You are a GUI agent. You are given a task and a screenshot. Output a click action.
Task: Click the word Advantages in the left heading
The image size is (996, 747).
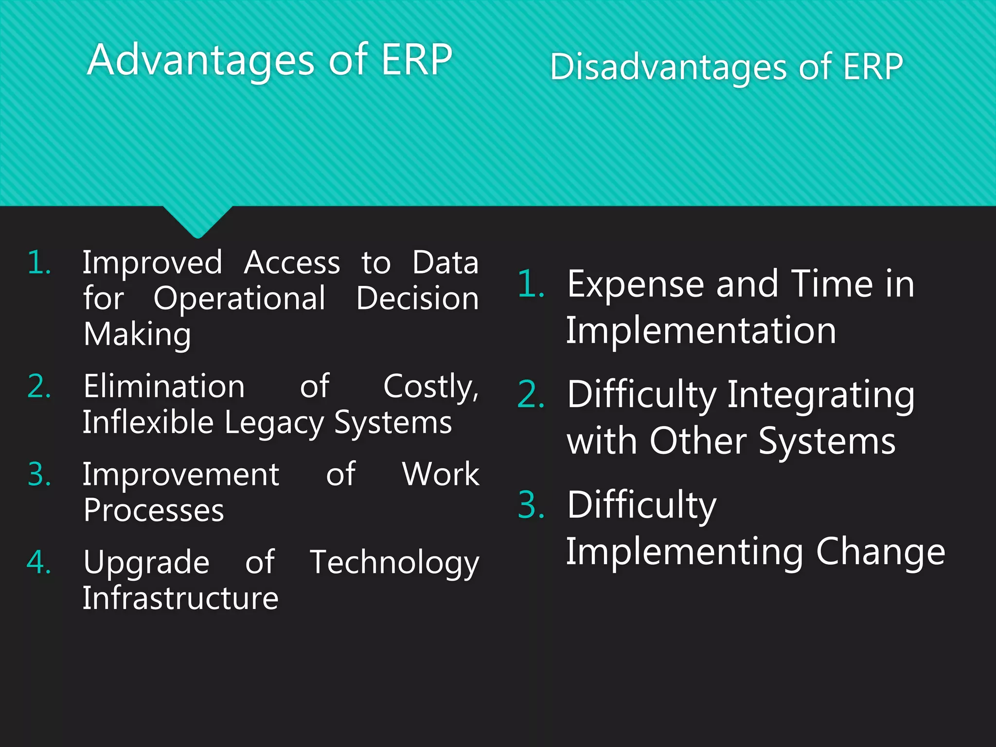pos(201,60)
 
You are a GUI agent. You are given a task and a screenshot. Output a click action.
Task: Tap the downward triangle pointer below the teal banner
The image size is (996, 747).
pos(198,221)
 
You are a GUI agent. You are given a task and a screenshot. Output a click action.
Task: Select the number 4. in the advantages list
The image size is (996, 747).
pos(39,563)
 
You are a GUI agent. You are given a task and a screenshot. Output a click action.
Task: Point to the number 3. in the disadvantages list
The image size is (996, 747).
pos(531,505)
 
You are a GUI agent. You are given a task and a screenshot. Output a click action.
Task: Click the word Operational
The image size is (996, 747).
pos(239,298)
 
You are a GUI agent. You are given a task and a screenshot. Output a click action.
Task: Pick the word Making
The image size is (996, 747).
pos(137,335)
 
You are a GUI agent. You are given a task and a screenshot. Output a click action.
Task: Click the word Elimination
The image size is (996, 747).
pos(164,387)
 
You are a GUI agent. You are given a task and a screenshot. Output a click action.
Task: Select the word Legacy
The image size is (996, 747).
pos(274,423)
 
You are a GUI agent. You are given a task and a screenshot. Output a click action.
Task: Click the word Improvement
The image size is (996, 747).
pos(181,475)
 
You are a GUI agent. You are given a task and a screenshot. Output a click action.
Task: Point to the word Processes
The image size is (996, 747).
pos(154,511)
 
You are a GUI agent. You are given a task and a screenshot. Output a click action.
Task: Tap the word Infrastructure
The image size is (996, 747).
pos(180,598)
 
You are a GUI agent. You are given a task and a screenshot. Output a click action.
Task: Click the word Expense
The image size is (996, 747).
pos(636,284)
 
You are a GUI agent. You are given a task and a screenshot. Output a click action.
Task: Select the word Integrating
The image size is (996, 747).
pos(821,395)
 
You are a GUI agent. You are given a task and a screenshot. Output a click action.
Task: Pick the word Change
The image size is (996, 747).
pos(880,552)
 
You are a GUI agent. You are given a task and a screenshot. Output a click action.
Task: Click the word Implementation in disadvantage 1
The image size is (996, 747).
pos(701,331)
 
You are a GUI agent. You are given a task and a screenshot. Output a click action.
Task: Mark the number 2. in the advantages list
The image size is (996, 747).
pos(39,387)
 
